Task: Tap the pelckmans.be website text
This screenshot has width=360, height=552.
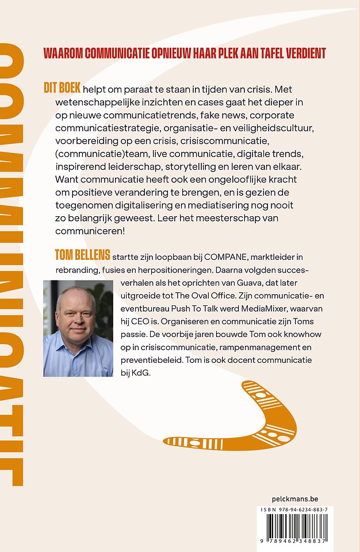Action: pyautogui.click(x=294, y=499)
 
